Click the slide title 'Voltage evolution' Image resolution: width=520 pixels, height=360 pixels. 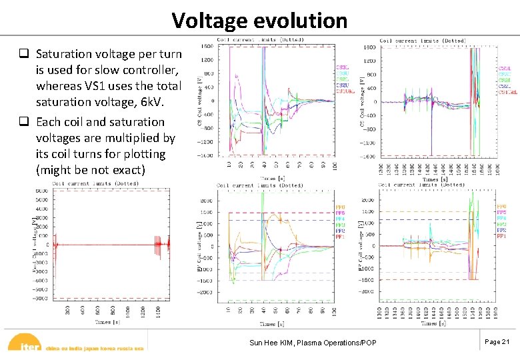[x=259, y=20]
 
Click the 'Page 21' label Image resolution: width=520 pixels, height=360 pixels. [x=497, y=341]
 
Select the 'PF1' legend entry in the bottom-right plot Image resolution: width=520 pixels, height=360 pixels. [x=501, y=236]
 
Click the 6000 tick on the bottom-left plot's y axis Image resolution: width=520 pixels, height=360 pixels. [x=41, y=191]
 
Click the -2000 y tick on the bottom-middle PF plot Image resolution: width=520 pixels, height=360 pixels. [x=206, y=292]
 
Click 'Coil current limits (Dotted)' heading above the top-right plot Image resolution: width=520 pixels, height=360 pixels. [x=423, y=41]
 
